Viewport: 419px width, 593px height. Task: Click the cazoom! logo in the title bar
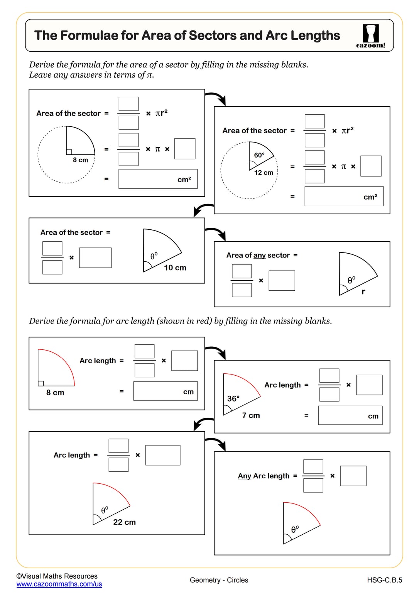tap(370, 36)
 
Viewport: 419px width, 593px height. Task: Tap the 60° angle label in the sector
tap(259, 155)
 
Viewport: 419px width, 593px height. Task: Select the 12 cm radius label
tap(264, 173)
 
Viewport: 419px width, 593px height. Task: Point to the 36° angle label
tap(233, 398)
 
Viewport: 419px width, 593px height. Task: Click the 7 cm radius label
tap(251, 415)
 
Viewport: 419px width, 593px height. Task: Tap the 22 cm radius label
tap(124, 522)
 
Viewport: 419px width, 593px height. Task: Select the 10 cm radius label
tap(175, 268)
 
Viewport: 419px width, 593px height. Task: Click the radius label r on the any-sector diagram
tap(363, 292)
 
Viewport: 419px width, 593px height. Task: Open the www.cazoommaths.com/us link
tap(59, 584)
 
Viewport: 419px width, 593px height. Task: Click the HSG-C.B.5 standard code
tap(384, 580)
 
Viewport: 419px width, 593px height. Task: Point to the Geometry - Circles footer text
tap(219, 580)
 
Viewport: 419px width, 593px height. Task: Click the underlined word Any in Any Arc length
tap(244, 476)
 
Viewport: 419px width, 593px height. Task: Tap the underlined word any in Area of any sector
tap(259, 255)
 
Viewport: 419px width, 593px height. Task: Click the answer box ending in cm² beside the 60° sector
tap(343, 196)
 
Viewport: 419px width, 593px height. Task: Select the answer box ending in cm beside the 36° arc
tap(350, 415)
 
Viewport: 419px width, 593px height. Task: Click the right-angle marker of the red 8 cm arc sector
tap(41, 383)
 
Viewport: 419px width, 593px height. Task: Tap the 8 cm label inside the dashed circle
tap(80, 160)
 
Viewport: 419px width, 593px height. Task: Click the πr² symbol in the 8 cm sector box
tap(161, 113)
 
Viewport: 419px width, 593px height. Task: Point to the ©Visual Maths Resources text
tap(57, 576)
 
